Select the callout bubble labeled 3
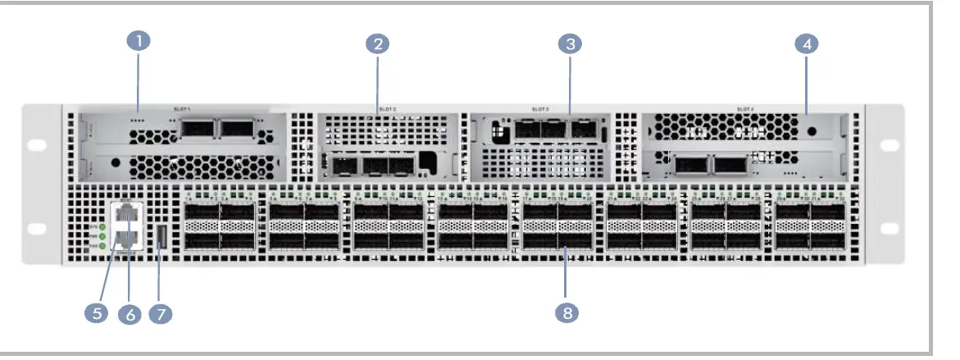click(x=570, y=44)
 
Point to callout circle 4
click(x=807, y=44)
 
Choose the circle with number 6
click(x=130, y=313)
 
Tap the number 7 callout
click(x=160, y=313)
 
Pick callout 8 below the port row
click(x=566, y=312)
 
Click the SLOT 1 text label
click(x=182, y=108)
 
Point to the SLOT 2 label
click(x=388, y=108)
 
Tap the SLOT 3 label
click(x=540, y=108)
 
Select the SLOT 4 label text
click(x=744, y=108)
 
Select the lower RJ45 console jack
click(x=129, y=239)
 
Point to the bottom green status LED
click(x=103, y=245)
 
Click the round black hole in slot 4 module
click(x=812, y=131)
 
